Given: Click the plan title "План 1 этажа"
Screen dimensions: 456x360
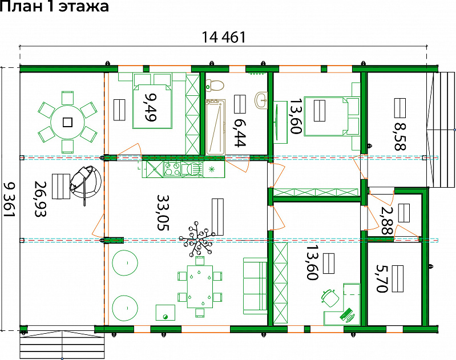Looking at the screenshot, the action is coord(54,6).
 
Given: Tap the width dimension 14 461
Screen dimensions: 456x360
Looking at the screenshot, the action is coord(223,37).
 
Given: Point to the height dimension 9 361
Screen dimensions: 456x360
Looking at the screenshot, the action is coord(9,200).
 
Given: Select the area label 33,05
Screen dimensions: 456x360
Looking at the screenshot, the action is coord(163,212).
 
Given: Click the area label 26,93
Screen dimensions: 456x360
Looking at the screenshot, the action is coord(41,199).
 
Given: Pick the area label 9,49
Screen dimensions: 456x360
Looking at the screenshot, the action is coord(151,107).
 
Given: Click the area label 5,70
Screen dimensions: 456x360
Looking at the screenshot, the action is coord(382,278).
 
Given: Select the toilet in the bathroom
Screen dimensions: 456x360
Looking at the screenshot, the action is coord(215,85).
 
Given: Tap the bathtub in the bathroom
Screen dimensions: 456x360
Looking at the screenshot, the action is coord(216,127).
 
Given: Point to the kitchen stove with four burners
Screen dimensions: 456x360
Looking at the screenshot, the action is coord(172,169).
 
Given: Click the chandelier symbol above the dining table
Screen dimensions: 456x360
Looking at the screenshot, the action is coord(197,239).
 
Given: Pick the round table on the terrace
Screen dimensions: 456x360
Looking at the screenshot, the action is coord(67,122).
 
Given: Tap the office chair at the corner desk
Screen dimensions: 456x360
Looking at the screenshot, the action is coord(330,297).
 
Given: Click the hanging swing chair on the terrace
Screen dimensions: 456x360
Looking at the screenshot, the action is coord(85,183).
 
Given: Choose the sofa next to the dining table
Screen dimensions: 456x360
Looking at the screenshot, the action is coord(255,286).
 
